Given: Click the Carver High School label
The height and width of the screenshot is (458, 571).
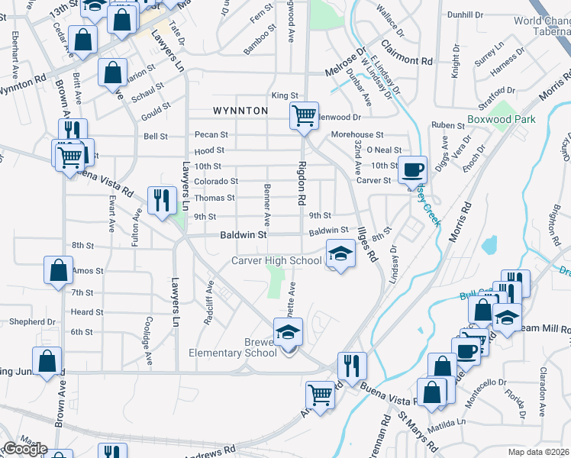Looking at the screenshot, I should (277, 261).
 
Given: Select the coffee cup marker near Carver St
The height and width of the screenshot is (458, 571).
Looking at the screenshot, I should (413, 169).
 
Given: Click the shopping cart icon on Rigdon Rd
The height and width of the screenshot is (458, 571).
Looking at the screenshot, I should (304, 116).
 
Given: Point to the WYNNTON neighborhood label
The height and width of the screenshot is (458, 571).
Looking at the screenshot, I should (240, 111).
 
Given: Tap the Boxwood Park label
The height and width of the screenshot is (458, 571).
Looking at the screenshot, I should (501, 119).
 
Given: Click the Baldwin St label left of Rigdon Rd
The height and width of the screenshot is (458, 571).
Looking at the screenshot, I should (244, 236).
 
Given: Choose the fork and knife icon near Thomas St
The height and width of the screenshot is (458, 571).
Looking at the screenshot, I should (161, 201).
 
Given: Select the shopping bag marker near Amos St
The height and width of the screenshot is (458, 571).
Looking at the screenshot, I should (59, 270).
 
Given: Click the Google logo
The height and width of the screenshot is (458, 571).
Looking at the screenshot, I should (24, 449).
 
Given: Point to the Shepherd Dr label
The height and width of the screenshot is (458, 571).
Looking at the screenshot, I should (33, 322).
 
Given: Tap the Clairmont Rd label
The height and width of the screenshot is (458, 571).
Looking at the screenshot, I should (410, 56).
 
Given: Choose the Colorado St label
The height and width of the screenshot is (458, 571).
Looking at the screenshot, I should (216, 182).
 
